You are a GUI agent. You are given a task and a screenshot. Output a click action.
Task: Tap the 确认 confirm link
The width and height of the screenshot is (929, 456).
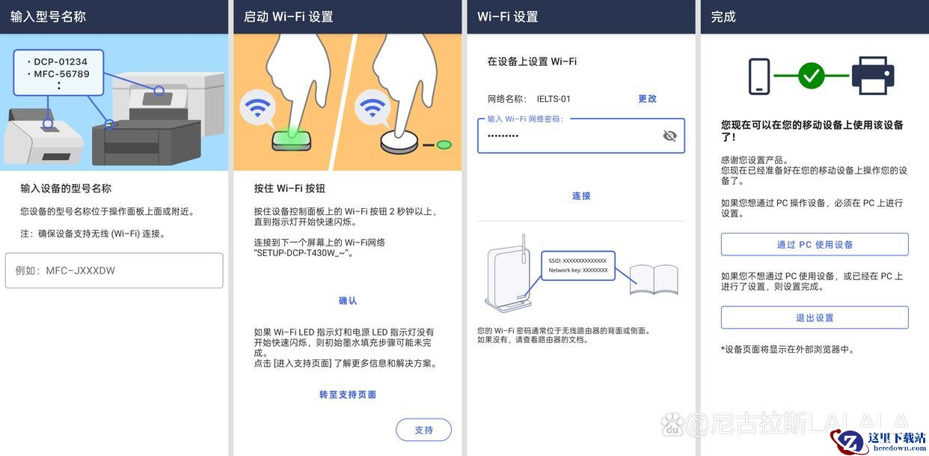pyautogui.click(x=348, y=301)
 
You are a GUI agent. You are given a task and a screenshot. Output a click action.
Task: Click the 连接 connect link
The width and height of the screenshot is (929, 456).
pyautogui.click(x=581, y=196)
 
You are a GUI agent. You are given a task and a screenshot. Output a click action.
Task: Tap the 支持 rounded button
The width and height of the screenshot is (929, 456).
pyautogui.click(x=423, y=430)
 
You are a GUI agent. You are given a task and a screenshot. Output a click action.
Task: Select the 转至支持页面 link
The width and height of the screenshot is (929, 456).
pyautogui.click(x=348, y=395)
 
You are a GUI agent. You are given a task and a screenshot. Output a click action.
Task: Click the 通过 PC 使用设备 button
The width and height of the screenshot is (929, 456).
pyautogui.click(x=815, y=245)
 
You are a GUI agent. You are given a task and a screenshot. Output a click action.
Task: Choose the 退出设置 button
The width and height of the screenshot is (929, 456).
pyautogui.click(x=815, y=317)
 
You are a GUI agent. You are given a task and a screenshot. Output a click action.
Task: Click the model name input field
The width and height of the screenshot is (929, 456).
pyautogui.click(x=114, y=270)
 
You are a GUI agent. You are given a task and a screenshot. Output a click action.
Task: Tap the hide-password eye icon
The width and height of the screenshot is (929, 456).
pyautogui.click(x=669, y=136)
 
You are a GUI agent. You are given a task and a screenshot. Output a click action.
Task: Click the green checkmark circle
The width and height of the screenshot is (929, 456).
pyautogui.click(x=812, y=76)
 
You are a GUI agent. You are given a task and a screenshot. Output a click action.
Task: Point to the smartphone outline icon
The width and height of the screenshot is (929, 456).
pyautogui.click(x=759, y=76)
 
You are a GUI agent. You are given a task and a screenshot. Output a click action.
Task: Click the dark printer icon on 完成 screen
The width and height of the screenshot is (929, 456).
pyautogui.click(x=873, y=76)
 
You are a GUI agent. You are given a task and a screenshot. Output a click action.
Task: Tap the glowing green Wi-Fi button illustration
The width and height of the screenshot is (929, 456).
pyautogui.click(x=292, y=139)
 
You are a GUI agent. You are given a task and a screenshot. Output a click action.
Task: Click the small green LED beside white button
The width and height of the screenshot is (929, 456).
pyautogui.click(x=444, y=145)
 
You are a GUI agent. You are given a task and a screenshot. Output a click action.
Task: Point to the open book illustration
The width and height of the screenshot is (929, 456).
pyautogui.click(x=654, y=279)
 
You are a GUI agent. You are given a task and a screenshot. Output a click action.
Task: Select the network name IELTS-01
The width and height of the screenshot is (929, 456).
pyautogui.click(x=554, y=99)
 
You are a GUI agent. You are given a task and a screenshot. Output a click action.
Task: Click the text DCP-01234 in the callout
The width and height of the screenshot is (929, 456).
pyautogui.click(x=61, y=62)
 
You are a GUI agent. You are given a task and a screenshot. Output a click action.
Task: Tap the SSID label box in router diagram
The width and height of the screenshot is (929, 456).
pyautogui.click(x=578, y=265)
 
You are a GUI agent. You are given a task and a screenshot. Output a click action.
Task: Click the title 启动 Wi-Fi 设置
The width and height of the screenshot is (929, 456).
pyautogui.click(x=288, y=16)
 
